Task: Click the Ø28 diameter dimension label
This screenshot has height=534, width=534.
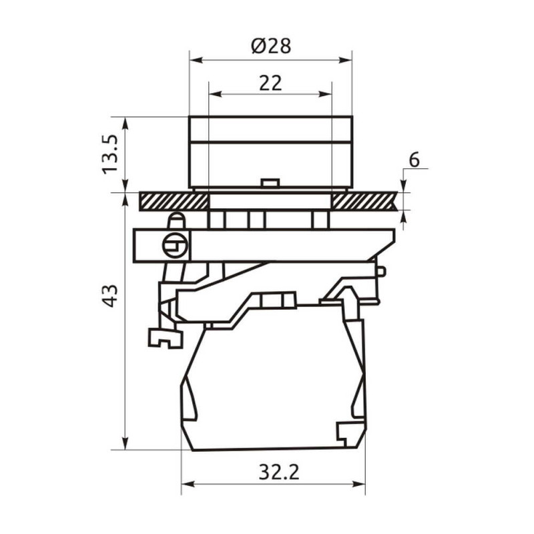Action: coord(271,46)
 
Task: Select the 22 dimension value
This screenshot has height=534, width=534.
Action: coord(270,83)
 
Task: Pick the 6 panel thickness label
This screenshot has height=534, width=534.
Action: coord(414,160)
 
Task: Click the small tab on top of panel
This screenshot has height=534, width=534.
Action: coord(270,183)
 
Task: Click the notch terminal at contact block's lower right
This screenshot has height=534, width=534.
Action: coord(350,433)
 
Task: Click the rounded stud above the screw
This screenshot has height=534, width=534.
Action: coord(176,220)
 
